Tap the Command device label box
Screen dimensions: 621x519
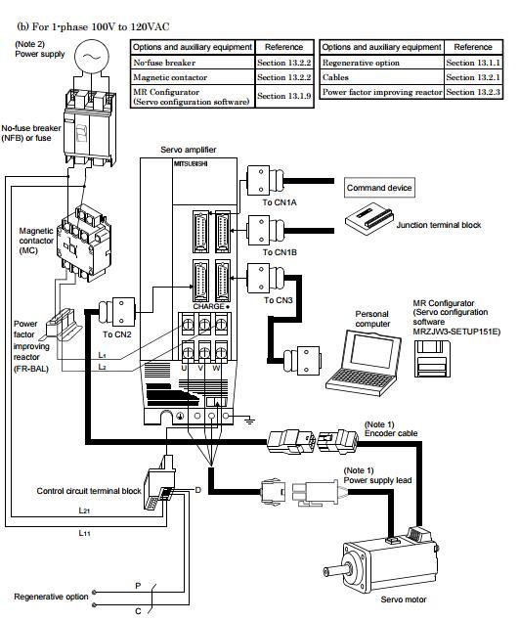pyautogui.click(x=380, y=188)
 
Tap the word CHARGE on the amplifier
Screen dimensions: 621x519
pyautogui.click(x=209, y=305)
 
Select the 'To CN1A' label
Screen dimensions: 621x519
pyautogui.click(x=277, y=202)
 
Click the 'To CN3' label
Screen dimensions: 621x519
pyautogui.click(x=276, y=299)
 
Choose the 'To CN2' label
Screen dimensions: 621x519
pyautogui.click(x=118, y=333)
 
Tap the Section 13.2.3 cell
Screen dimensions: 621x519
pyautogui.click(x=473, y=91)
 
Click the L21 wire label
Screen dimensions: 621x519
pyautogui.click(x=85, y=510)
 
